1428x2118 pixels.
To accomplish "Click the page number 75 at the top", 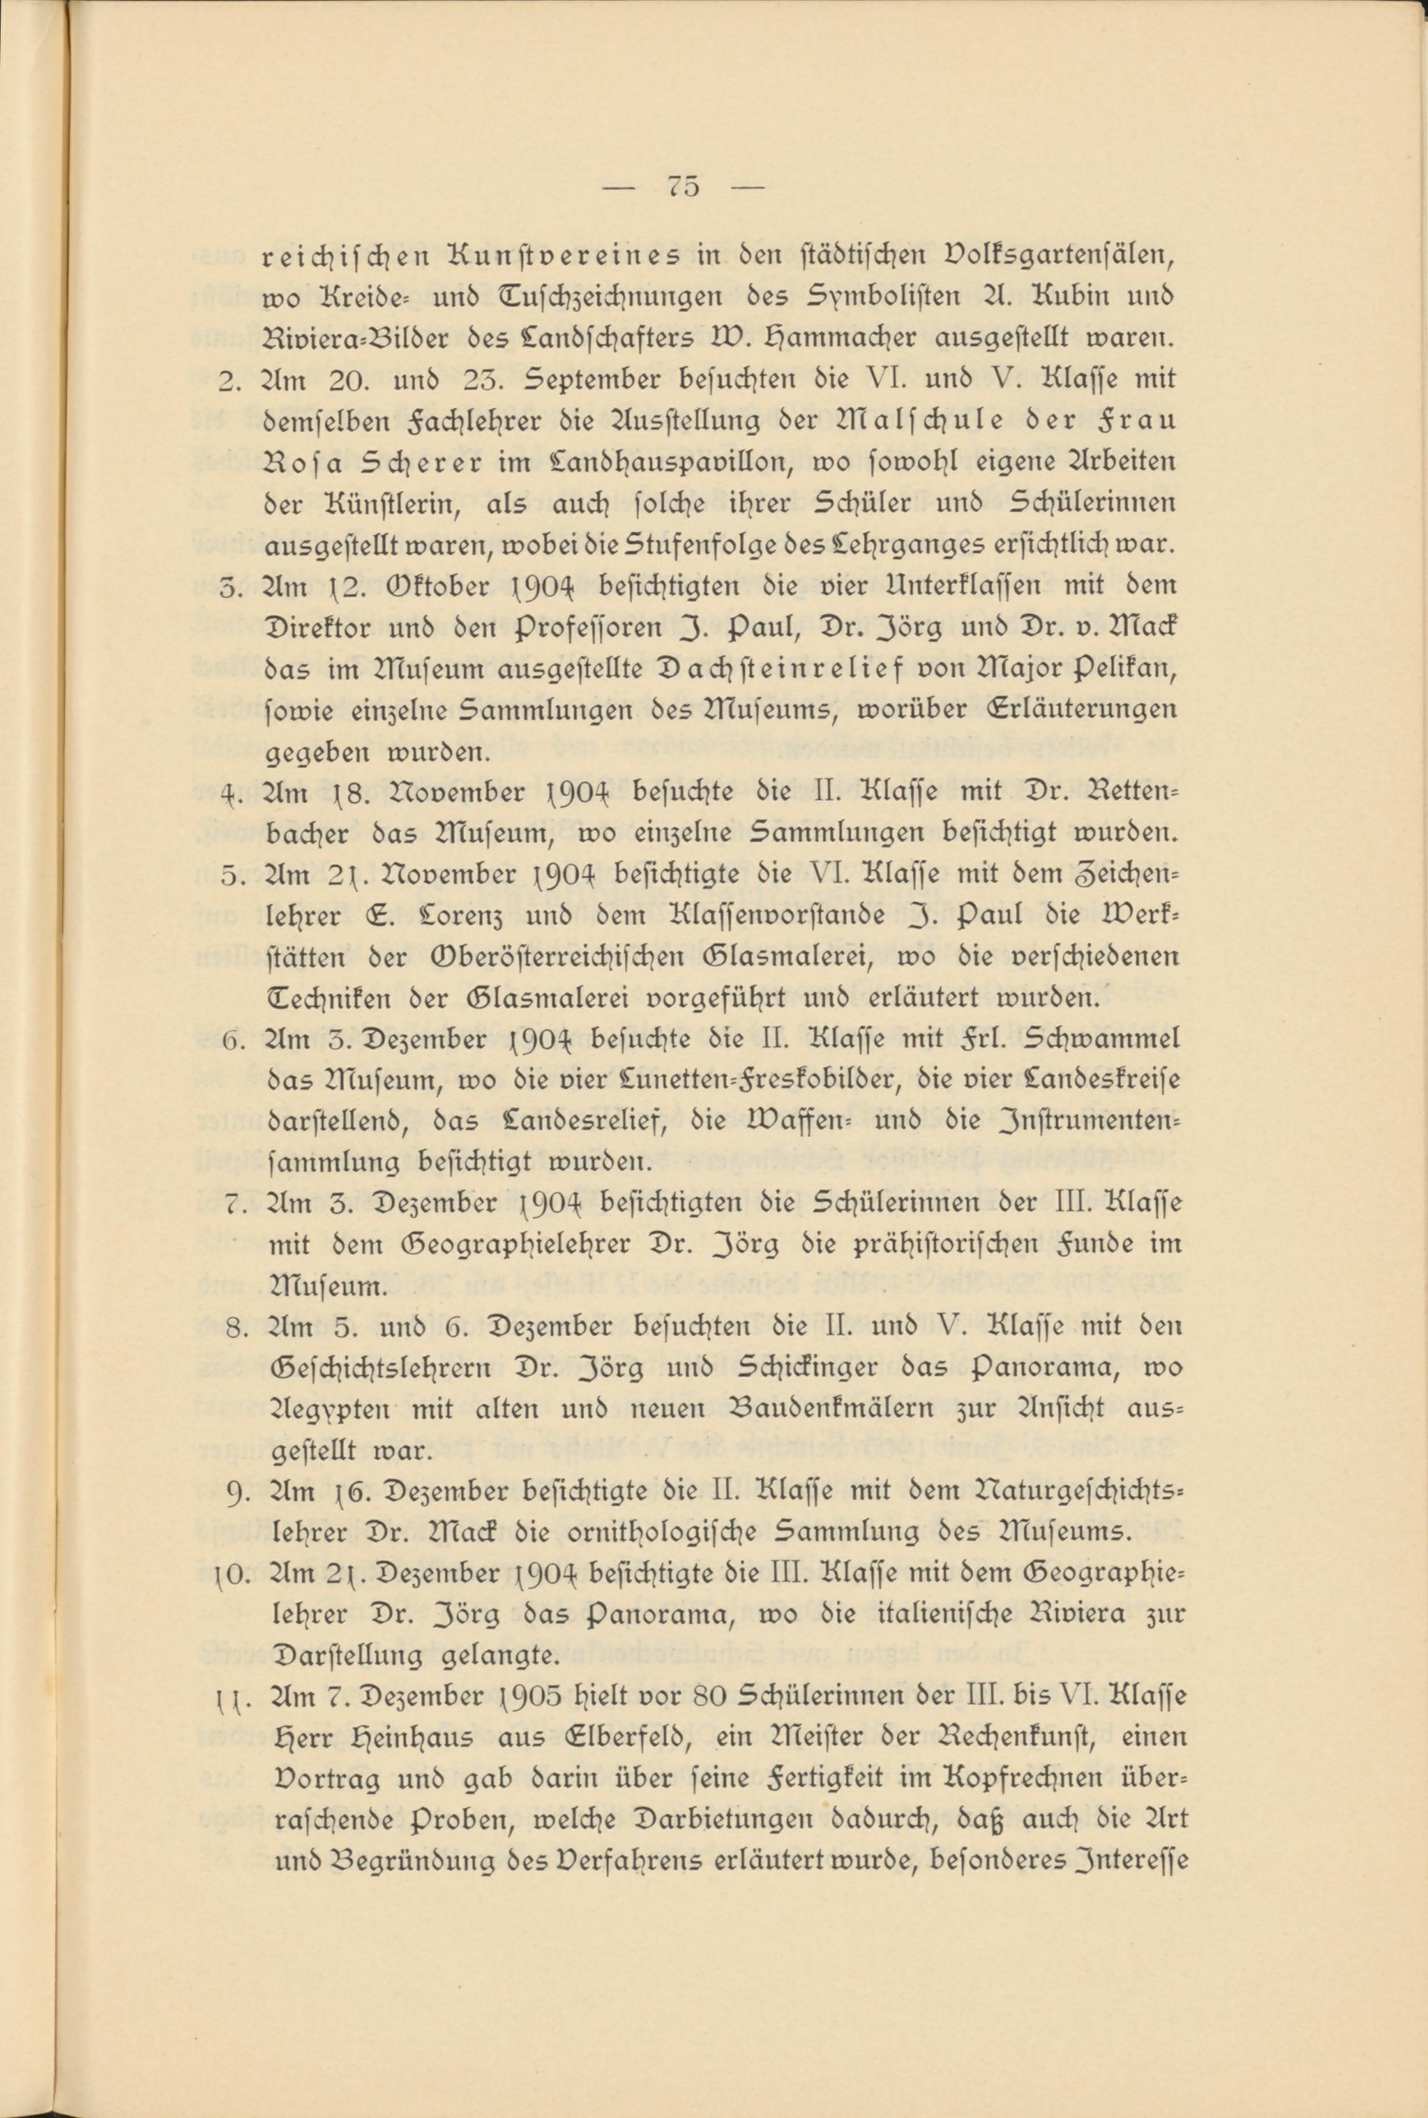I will [684, 186].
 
